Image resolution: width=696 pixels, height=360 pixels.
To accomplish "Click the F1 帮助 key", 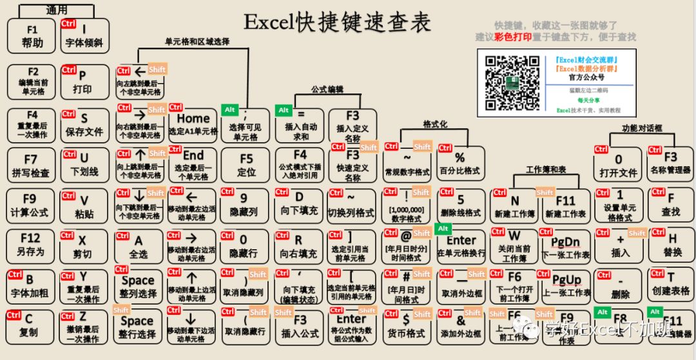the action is pyautogui.click(x=32, y=36).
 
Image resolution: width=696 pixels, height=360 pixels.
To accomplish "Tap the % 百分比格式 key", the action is pyautogui.click(x=460, y=164).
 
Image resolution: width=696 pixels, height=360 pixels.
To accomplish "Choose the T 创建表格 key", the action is pyautogui.click(x=671, y=284).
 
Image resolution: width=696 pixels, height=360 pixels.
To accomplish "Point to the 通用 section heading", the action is pyautogui.click(x=57, y=10).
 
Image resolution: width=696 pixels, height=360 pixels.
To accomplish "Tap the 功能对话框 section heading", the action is pyautogui.click(x=633, y=128).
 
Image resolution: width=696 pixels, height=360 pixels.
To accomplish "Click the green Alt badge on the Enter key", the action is pyautogui.click(x=443, y=228).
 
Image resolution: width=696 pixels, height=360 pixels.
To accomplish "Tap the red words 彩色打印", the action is pyautogui.click(x=513, y=37).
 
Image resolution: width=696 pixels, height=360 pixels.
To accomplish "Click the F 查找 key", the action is pyautogui.click(x=671, y=205).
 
